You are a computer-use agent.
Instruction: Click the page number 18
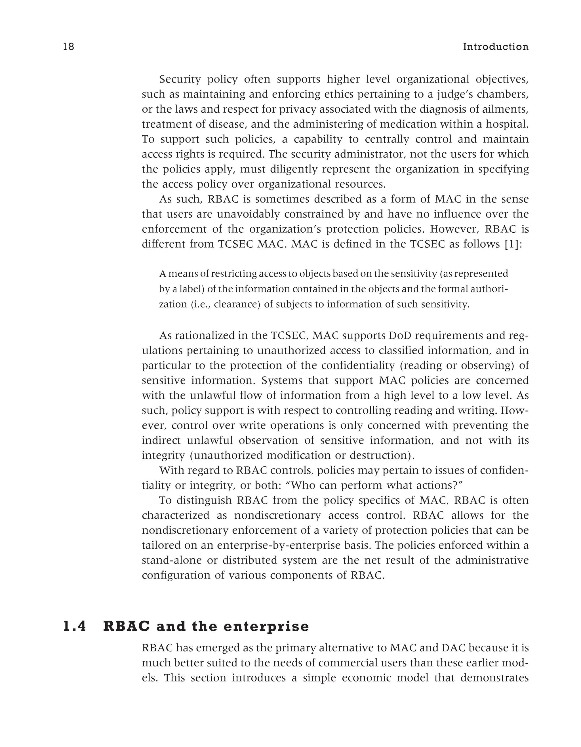tap(68, 47)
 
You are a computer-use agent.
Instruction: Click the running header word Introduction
tap(496, 47)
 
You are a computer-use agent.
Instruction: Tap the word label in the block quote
tap(192, 289)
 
